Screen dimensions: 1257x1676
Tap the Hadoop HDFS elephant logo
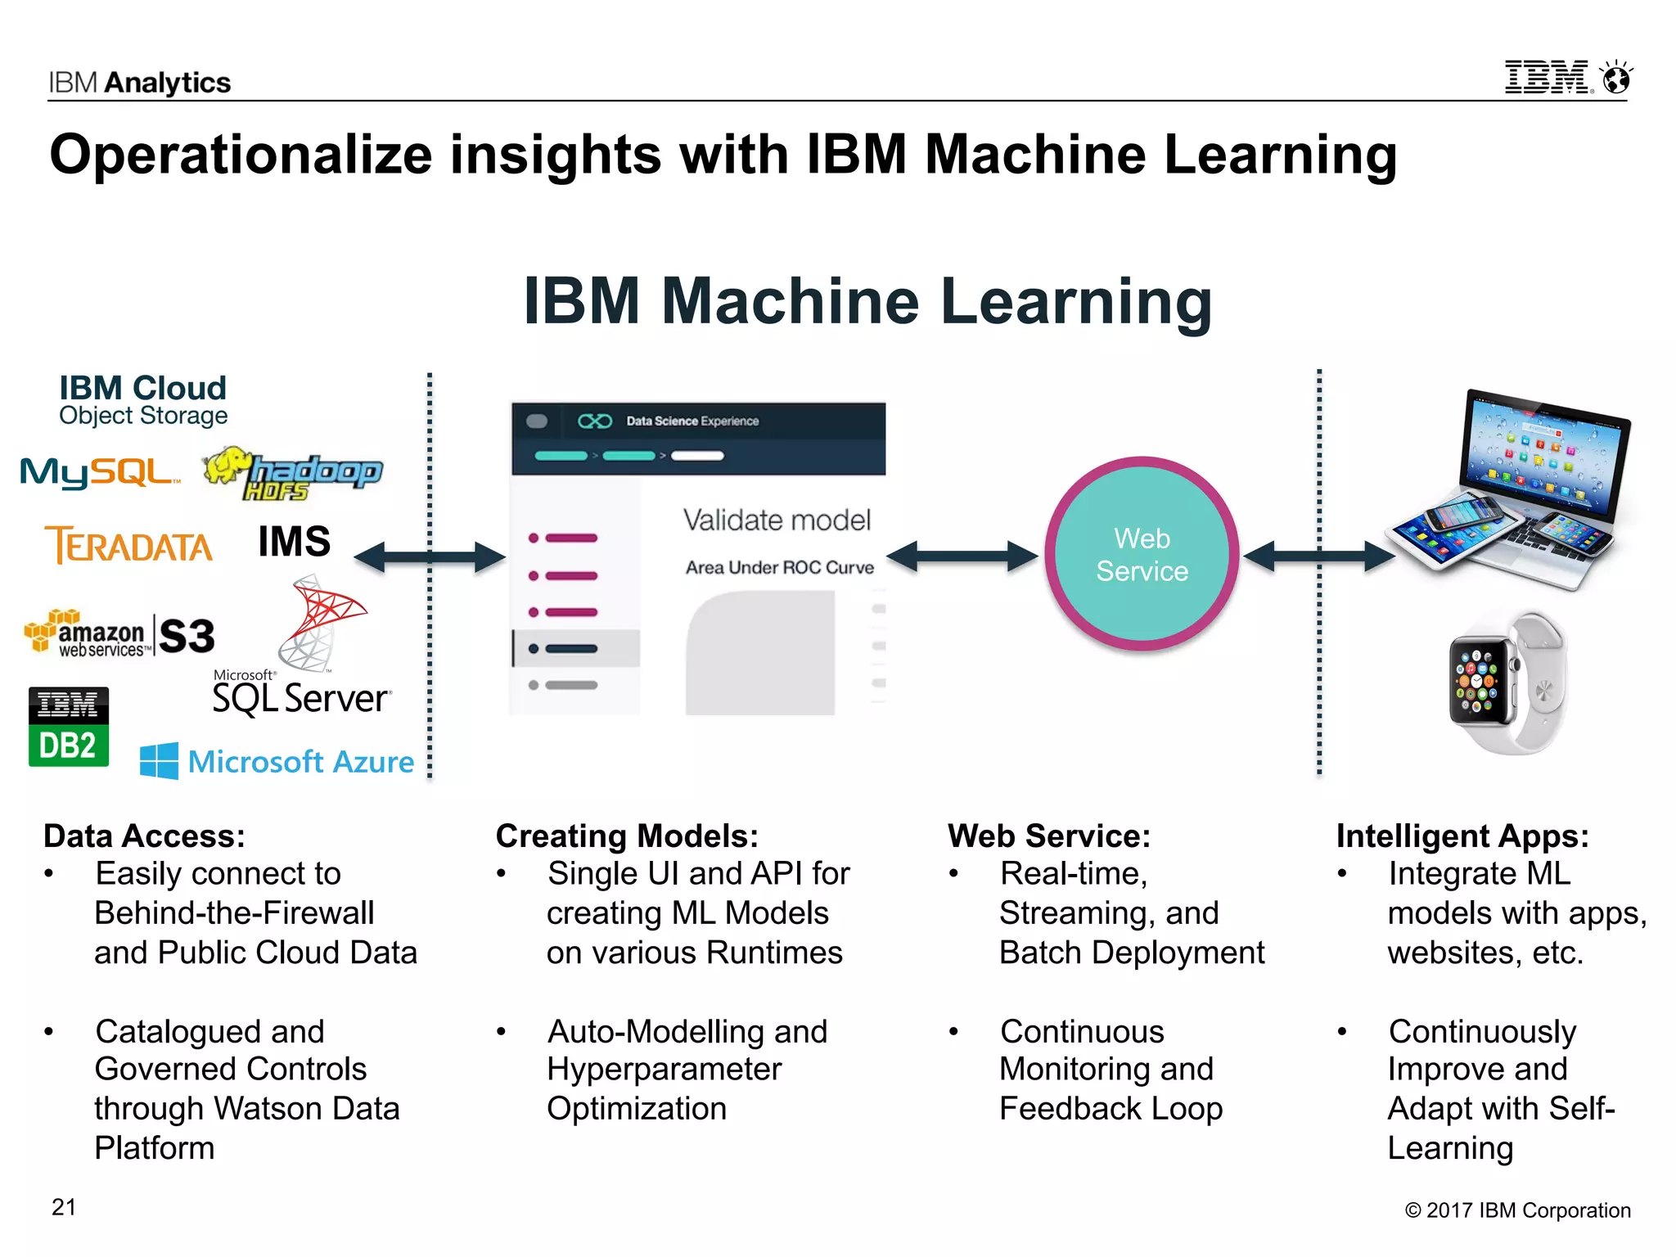pyautogui.click(x=293, y=473)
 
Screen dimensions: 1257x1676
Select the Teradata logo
pyautogui.click(x=129, y=545)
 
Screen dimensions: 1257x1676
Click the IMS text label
pyautogui.click(x=295, y=542)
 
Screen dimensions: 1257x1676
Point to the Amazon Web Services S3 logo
pyautogui.click(x=120, y=635)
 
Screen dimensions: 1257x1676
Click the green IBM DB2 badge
pyautogui.click(x=69, y=727)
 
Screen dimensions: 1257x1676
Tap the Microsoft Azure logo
pyautogui.click(x=277, y=762)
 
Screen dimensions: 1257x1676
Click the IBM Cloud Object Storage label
pyautogui.click(x=143, y=400)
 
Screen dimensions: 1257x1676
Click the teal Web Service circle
pyautogui.click(x=1142, y=554)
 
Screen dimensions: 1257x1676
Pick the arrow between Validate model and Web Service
pyautogui.click(x=962, y=556)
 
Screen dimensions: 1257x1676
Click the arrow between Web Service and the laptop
pyautogui.click(x=1319, y=556)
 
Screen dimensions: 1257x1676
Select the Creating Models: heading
pyautogui.click(x=627, y=836)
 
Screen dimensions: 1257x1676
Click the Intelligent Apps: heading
pyautogui.click(x=1462, y=836)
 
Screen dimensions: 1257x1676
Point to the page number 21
pyautogui.click(x=64, y=1207)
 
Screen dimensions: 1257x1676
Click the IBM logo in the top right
pyautogui.click(x=1548, y=78)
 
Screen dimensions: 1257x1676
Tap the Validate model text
pyautogui.click(x=777, y=520)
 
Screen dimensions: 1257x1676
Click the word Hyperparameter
pyautogui.click(x=665, y=1070)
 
